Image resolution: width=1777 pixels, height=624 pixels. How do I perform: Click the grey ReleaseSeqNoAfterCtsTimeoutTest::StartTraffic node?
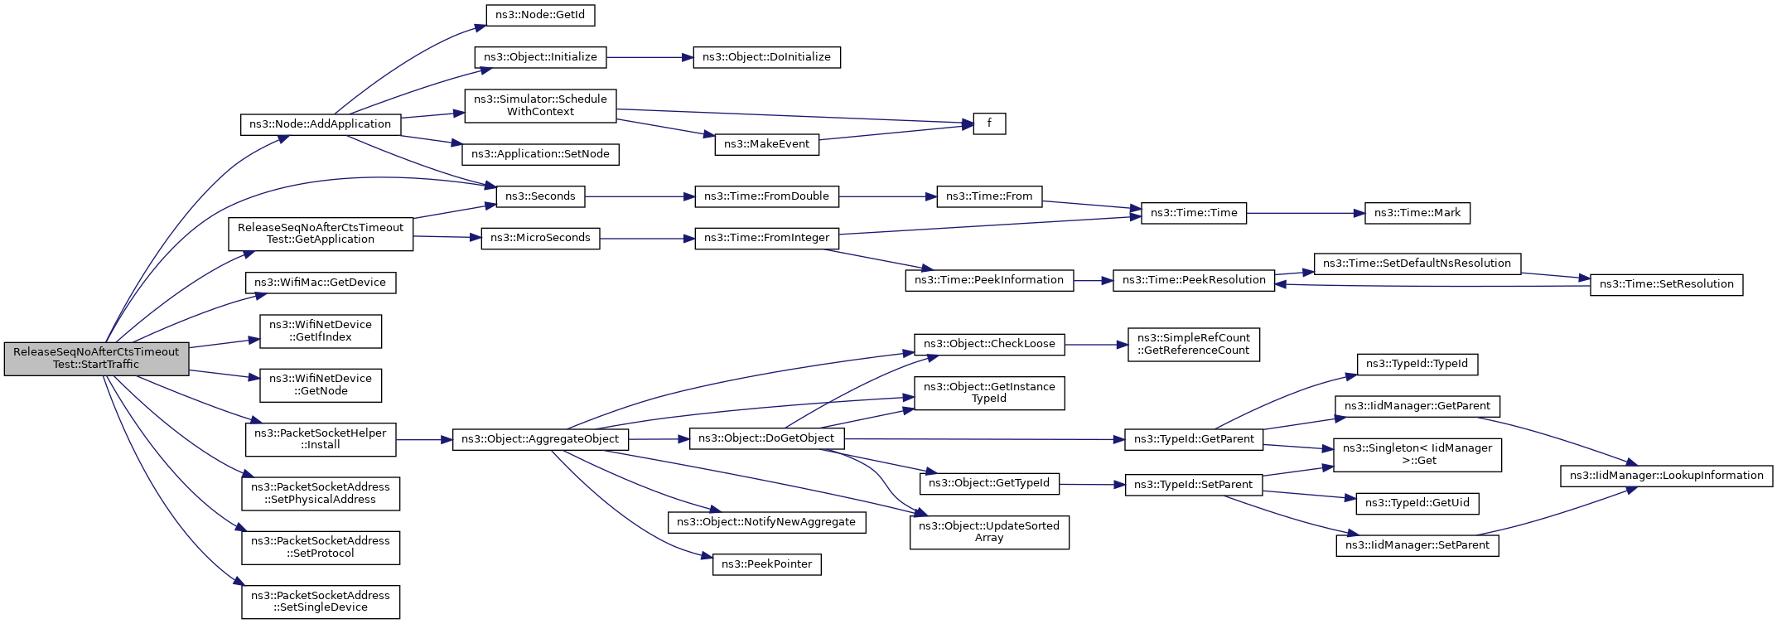click(x=96, y=358)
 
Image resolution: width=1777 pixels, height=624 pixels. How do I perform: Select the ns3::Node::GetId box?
click(x=540, y=15)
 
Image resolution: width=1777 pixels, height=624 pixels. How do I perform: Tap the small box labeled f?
click(x=989, y=123)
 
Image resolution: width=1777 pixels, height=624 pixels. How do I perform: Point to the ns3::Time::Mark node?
click(x=1417, y=213)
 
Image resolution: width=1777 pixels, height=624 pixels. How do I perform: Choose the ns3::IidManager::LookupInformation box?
click(x=1667, y=476)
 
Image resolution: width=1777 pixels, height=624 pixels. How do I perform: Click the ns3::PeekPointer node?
click(x=767, y=564)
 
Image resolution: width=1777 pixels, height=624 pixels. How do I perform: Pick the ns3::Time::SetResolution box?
click(x=1667, y=284)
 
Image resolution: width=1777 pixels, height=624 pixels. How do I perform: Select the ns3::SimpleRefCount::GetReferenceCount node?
click(x=1194, y=344)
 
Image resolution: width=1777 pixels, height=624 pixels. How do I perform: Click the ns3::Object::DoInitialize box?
click(x=766, y=57)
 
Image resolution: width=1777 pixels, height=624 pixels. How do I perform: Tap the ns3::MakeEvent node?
click(x=767, y=144)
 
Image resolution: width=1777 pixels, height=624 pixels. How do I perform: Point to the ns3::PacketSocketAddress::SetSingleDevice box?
click(x=321, y=602)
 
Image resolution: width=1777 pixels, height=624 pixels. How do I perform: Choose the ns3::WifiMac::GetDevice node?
click(x=321, y=283)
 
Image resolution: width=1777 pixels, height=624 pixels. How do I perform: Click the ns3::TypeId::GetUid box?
click(x=1417, y=503)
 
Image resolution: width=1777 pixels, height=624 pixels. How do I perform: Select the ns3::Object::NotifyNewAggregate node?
click(x=766, y=522)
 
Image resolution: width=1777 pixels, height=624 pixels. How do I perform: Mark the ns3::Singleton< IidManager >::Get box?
click(x=1417, y=455)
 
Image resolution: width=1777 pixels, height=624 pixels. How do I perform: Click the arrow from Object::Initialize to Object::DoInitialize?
click(x=649, y=57)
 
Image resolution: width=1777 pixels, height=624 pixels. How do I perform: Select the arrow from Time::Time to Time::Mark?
click(x=1306, y=213)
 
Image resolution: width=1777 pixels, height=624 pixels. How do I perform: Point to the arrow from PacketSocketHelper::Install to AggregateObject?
click(x=424, y=440)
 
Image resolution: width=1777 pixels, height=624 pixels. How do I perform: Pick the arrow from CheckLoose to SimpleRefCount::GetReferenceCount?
click(x=1096, y=345)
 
